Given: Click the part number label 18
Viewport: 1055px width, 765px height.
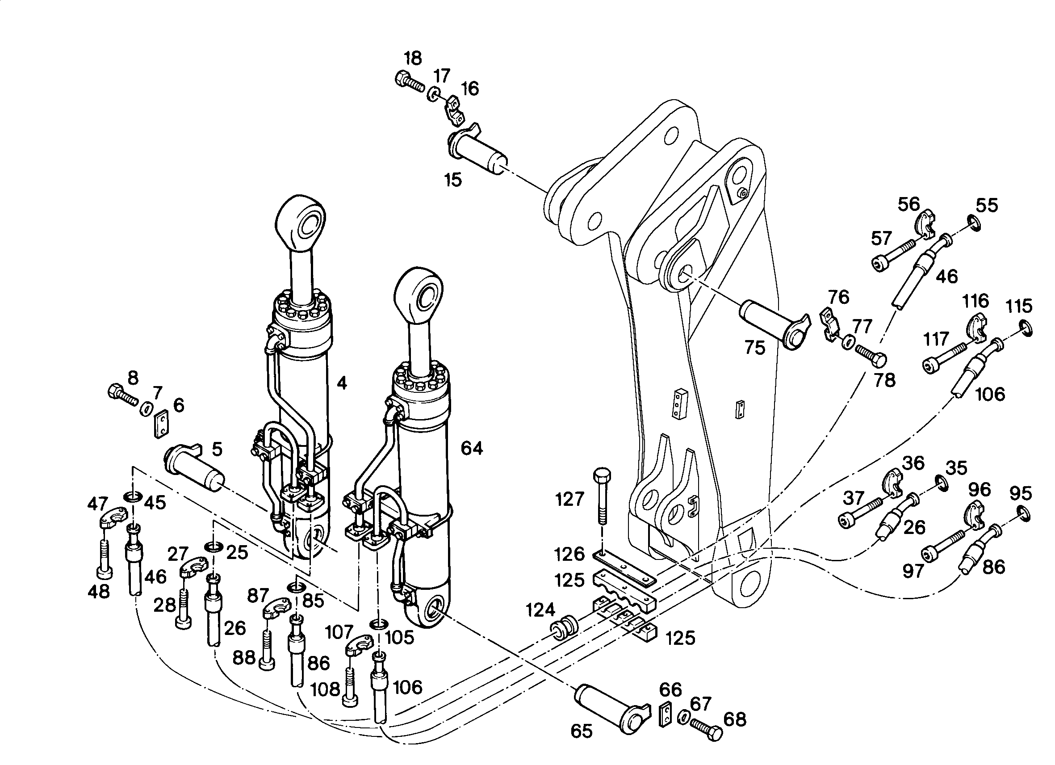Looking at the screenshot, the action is [413, 59].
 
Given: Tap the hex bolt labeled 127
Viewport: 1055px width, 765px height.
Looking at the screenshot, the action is [602, 496].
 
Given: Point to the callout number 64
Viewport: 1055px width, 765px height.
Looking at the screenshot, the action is [472, 448].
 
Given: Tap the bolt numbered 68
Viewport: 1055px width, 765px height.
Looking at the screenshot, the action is [706, 730].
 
